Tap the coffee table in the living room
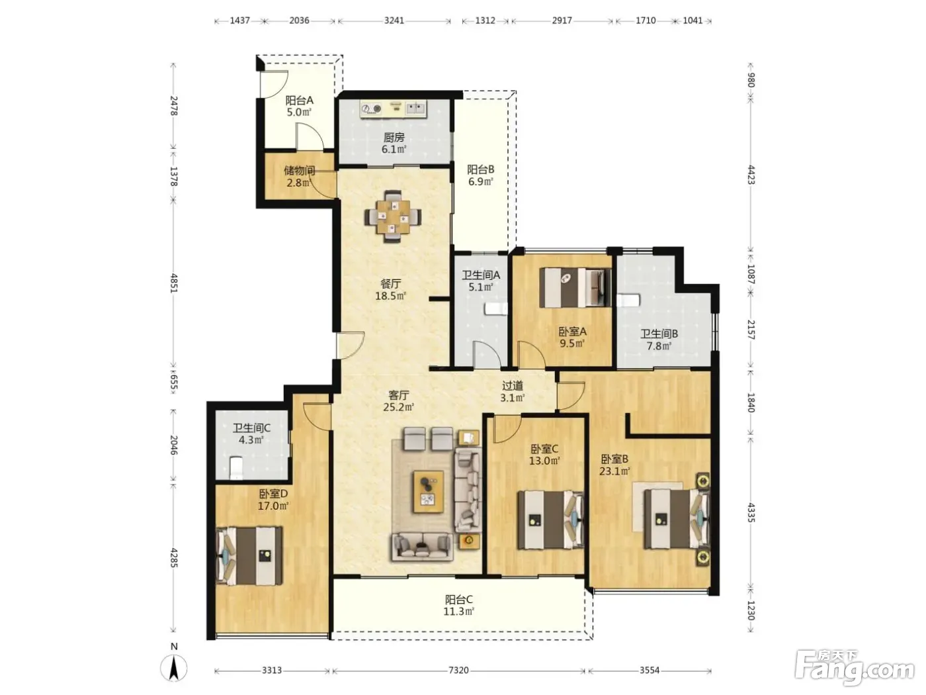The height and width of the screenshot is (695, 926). pos(428,492)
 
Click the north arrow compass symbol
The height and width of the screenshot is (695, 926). pos(174,669)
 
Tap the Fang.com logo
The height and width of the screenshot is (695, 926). pos(855,669)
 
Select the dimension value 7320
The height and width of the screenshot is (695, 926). pos(458,670)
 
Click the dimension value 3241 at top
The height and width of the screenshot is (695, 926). pos(394,21)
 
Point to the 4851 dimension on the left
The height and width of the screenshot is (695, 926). pos(174,283)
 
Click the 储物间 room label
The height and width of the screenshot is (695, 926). pos(300,171)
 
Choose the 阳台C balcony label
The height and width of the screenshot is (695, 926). pos(458,599)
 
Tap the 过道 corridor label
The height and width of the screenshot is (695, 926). pos(513,386)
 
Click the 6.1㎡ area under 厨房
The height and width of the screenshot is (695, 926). pos(394,149)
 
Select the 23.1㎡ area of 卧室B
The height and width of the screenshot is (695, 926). pos(614,471)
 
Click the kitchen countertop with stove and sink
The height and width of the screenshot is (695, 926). pos(394,109)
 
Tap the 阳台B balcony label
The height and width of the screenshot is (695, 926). pos(480,169)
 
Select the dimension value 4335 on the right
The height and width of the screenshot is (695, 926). pos(751,512)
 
